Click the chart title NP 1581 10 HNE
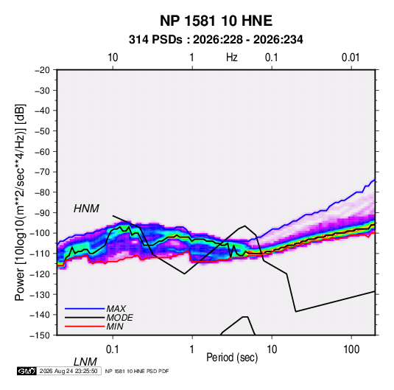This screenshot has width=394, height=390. point(216,21)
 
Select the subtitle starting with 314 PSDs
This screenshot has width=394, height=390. point(216,40)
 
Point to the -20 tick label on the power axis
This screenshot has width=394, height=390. point(42,70)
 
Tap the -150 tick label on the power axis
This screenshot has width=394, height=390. point(40,335)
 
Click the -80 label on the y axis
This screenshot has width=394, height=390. point(42,192)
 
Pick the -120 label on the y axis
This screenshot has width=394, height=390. point(40,274)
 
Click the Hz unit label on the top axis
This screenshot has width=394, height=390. point(232,58)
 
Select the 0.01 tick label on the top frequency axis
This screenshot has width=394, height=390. point(351,58)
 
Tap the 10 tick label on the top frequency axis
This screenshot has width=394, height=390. point(113,58)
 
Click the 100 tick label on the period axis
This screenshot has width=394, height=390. point(351,349)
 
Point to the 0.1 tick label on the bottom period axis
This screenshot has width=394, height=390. point(113,349)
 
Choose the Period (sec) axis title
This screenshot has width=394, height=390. point(232,358)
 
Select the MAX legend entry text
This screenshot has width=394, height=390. point(116,309)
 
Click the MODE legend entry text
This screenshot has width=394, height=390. point(119,318)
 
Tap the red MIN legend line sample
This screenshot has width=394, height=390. point(85,327)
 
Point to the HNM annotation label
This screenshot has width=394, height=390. point(86,209)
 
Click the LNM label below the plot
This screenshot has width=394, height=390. point(85,362)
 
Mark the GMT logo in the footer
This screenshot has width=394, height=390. point(27,371)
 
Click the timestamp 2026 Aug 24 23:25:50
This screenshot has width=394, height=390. point(68,371)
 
